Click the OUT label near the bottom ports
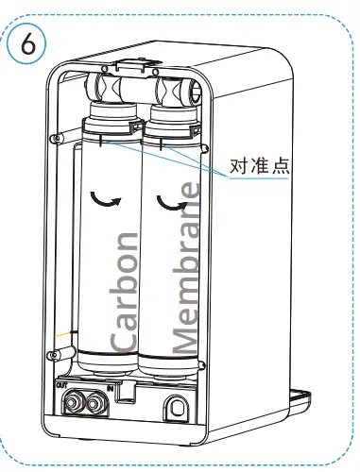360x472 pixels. coord(61,385)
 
